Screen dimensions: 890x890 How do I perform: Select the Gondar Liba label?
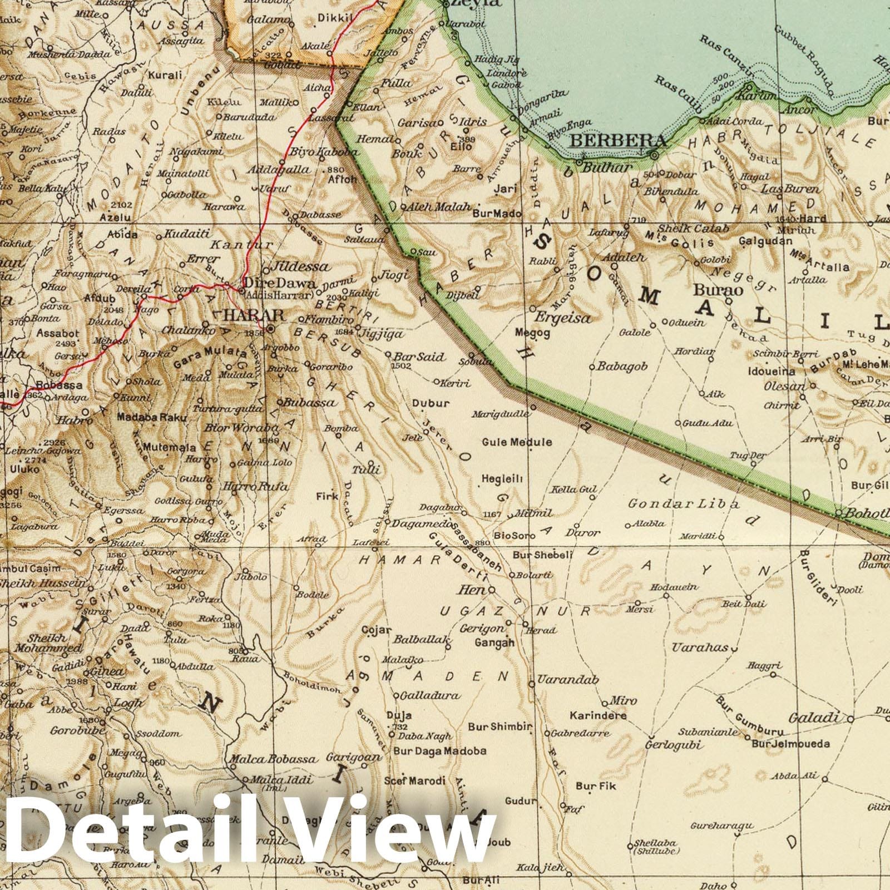(684, 504)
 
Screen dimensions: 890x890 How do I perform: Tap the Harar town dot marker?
(270, 329)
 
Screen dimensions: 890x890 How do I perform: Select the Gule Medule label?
(517, 442)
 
